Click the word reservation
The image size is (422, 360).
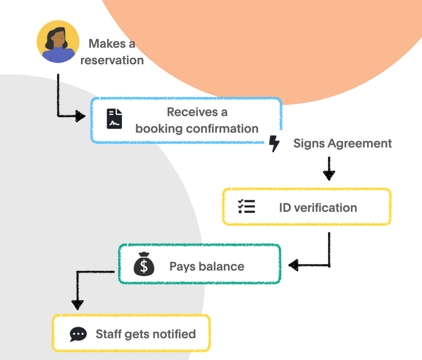coord(112,60)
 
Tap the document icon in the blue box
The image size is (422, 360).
coord(115,119)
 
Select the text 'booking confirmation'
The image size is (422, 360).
coord(197,129)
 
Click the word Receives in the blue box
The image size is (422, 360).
coord(189,112)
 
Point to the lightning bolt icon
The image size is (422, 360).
coord(274,143)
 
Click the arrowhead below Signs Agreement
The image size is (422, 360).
coord(329,175)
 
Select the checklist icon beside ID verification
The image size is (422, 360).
coord(246,207)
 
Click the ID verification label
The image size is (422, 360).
coord(318,208)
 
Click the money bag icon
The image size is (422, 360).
coord(144,265)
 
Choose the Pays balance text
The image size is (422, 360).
coord(206,266)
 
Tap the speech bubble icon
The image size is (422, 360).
coord(78,334)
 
